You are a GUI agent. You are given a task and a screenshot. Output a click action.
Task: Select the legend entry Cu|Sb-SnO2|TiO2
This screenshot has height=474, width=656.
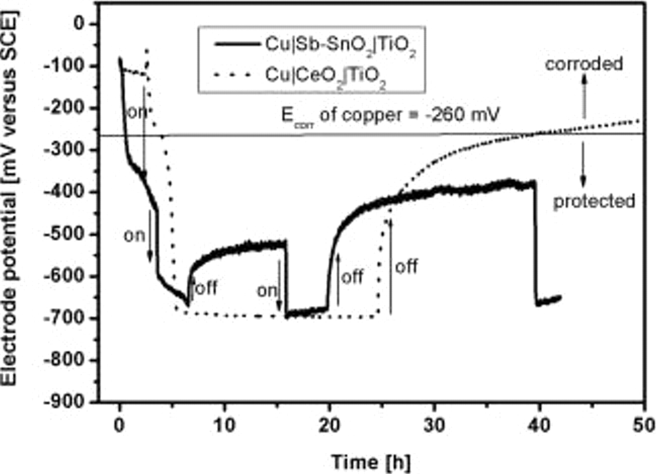pos(340,45)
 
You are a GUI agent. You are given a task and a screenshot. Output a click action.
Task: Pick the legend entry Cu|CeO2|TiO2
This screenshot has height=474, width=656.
pos(325,76)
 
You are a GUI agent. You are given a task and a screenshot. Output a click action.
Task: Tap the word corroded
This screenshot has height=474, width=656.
pos(584,64)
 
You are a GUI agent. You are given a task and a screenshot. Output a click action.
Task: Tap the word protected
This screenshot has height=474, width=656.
pos(594,201)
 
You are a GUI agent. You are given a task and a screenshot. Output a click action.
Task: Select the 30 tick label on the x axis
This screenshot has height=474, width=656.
pos(434,425)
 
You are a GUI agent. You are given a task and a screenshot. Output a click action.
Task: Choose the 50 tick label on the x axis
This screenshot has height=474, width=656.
pos(644,425)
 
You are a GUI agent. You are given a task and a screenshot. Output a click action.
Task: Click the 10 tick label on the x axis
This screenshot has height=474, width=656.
pos(224,425)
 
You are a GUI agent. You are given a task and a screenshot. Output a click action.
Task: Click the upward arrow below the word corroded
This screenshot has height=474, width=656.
pos(584,96)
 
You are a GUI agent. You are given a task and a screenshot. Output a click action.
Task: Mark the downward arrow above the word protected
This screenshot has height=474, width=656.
pos(583,164)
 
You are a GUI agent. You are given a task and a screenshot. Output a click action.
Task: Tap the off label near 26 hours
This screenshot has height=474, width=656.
pos(406,266)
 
